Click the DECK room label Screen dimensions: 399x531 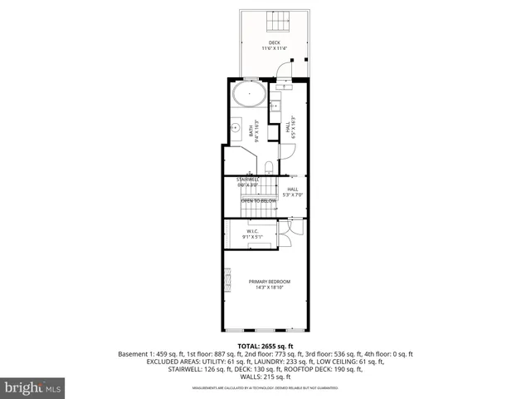[274, 42]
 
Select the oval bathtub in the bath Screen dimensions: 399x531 [248, 94]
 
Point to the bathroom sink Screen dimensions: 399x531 [236, 129]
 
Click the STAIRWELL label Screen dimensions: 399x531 [248, 180]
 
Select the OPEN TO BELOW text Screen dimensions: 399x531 [258, 201]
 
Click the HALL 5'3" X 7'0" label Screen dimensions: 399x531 [293, 191]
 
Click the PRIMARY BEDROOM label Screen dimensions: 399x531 [270, 282]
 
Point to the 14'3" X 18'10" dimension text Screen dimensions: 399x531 [270, 288]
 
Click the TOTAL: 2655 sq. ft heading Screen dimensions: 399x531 [266, 345]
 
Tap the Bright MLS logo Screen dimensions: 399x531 [33, 387]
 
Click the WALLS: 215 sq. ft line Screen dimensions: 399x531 [266, 377]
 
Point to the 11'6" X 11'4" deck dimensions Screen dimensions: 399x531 [274, 48]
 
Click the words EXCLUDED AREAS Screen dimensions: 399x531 [177, 362]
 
